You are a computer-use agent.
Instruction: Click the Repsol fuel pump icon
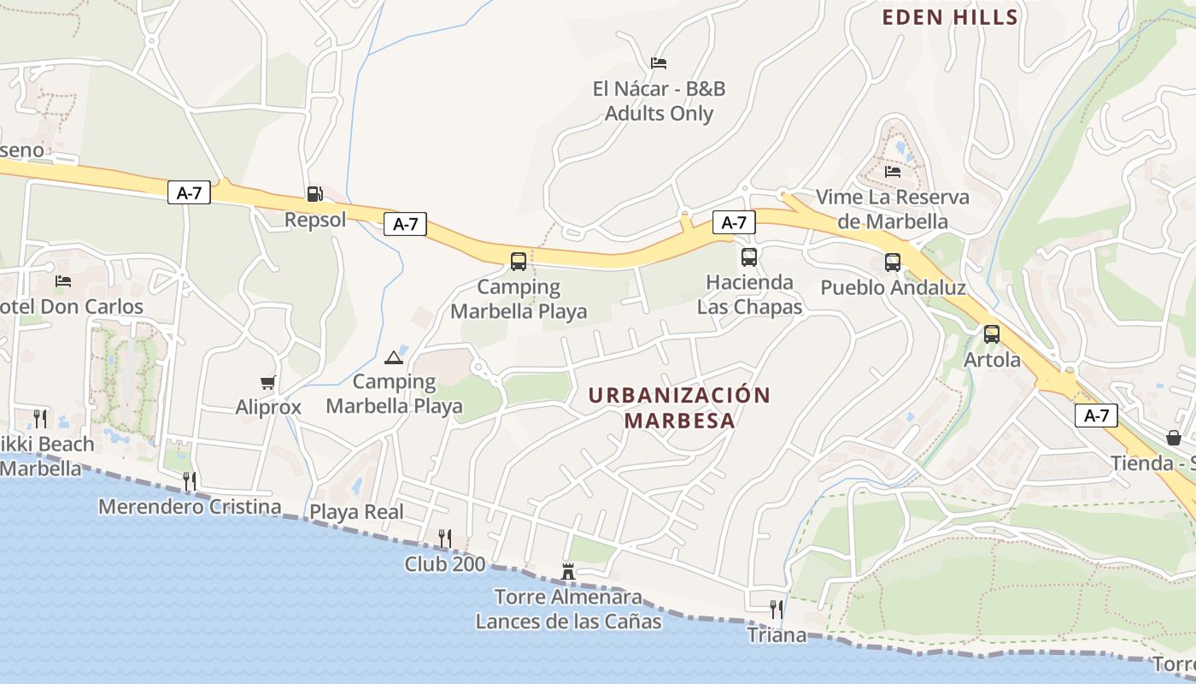[314, 194]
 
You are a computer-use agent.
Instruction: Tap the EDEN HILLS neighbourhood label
[950, 17]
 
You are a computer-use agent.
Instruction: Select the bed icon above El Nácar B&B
[659, 62]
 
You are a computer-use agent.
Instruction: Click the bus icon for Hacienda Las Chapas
[749, 256]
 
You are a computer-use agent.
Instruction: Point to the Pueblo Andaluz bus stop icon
[893, 262]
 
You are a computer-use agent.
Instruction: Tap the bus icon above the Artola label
[991, 334]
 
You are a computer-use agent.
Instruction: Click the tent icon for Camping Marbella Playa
[393, 357]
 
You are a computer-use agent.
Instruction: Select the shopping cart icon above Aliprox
[268, 382]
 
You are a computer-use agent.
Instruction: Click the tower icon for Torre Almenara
[568, 571]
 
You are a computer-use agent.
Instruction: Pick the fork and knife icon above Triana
[777, 609]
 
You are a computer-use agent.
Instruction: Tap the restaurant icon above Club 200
[444, 538]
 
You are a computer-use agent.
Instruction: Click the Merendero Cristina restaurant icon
[190, 481]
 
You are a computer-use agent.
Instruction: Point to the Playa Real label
[356, 512]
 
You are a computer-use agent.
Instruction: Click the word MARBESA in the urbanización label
[679, 421]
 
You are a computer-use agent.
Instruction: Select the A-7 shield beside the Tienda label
[1096, 416]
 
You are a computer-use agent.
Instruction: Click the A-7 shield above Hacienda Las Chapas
[734, 222]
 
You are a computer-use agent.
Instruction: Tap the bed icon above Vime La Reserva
[893, 171]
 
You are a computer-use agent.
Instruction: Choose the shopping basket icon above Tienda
[1174, 438]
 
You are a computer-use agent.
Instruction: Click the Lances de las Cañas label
[568, 622]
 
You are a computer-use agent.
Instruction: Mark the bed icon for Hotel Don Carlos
[63, 280]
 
